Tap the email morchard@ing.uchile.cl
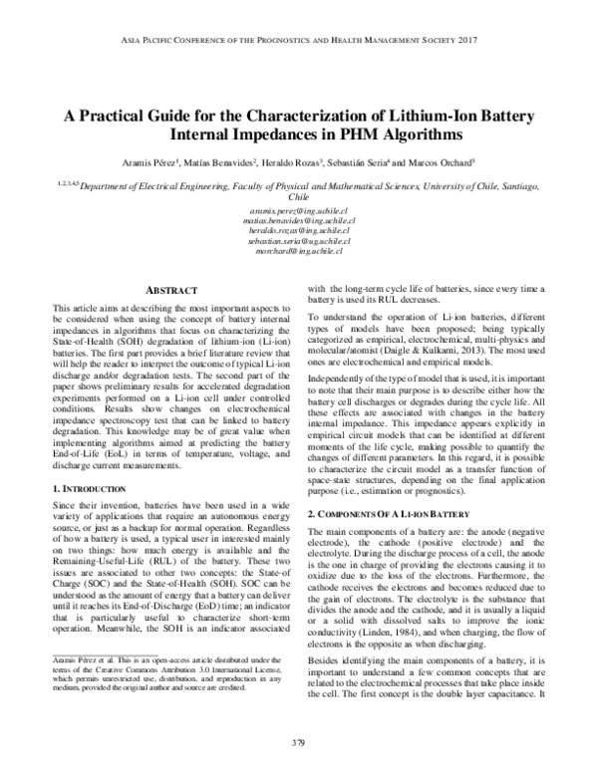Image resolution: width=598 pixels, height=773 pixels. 298,251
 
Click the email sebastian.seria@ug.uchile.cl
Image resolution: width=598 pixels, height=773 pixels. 298,242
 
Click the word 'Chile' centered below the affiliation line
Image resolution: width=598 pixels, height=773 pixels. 298,197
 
